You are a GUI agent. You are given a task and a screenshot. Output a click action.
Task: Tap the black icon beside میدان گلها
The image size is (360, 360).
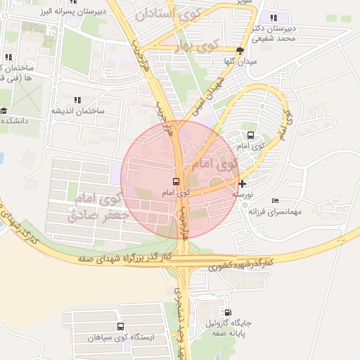pos(240,51)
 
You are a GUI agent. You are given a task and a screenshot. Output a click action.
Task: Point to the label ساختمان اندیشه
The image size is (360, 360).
pos(77,111)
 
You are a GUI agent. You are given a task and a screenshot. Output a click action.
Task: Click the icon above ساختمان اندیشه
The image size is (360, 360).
pos(77,101)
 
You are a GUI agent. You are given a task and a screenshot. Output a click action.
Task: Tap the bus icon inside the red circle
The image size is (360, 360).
pos(176,181)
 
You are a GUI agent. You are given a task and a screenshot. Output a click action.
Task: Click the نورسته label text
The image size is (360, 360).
pos(243,193)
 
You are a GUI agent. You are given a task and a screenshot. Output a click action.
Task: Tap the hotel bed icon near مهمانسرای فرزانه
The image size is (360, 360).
pos(274,201)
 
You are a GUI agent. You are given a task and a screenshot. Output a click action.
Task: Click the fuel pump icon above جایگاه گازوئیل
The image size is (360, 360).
pos(228,312)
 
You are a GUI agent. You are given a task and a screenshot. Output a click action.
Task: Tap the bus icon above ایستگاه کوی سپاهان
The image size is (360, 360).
pos(120,327)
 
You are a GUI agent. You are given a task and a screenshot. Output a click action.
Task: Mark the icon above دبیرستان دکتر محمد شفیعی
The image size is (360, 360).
pos(274,18)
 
